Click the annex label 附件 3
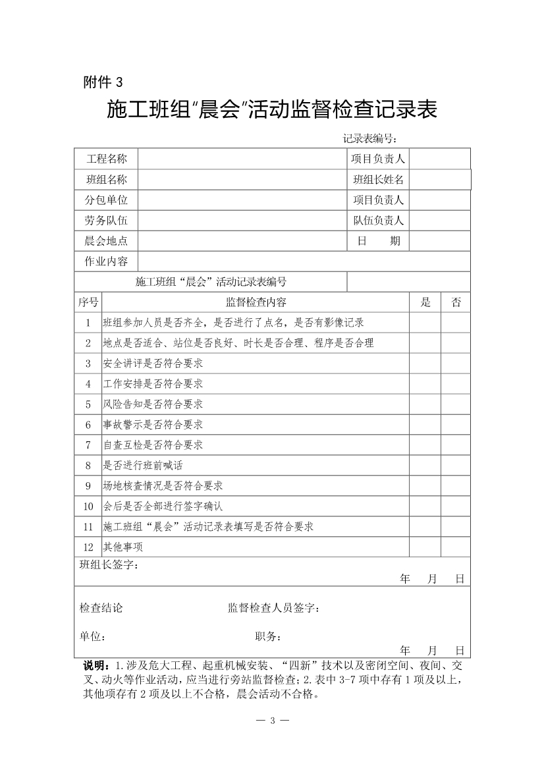(x=103, y=82)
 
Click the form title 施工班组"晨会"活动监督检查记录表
(x=272, y=109)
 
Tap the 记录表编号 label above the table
(x=369, y=138)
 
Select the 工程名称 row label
(x=106, y=159)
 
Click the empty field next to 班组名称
(x=242, y=179)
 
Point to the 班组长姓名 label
(x=378, y=179)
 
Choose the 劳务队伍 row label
(x=106, y=221)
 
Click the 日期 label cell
(x=378, y=241)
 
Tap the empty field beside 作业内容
(x=304, y=261)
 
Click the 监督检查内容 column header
(x=256, y=302)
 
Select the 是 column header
(x=425, y=302)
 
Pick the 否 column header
(x=456, y=302)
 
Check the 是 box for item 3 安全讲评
(x=425, y=363)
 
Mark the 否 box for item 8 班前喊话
(x=456, y=465)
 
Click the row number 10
(x=88, y=506)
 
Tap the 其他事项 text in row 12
(x=123, y=547)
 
